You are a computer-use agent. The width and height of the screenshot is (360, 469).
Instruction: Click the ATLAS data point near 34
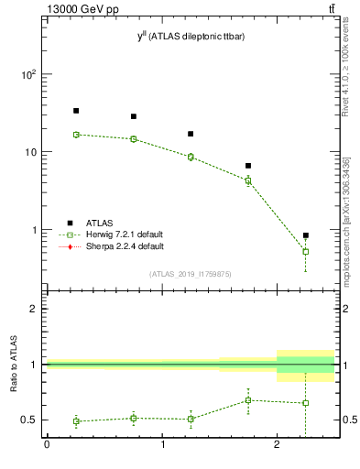[76, 111]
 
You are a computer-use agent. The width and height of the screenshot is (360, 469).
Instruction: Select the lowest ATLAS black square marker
[306, 235]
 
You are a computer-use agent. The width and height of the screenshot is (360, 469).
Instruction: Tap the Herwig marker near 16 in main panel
[76, 135]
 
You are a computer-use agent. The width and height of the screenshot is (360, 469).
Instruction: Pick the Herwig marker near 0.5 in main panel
[306, 251]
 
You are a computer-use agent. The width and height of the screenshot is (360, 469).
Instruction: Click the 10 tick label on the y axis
[31, 152]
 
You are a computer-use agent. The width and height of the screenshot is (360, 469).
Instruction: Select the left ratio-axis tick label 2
[33, 309]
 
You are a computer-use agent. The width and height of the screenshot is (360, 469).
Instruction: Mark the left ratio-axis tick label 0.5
[29, 420]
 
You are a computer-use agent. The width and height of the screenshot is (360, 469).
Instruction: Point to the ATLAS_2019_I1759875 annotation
[191, 273]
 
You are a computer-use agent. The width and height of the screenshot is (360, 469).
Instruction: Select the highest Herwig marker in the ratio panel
[248, 400]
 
